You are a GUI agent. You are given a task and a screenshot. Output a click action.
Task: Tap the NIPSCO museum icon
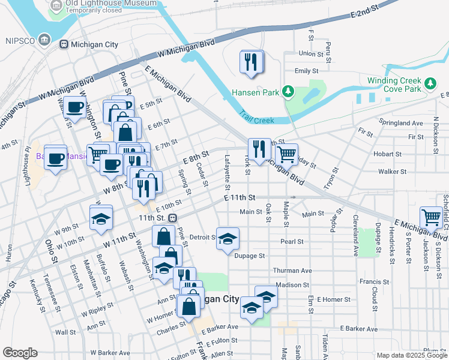coord(44,40)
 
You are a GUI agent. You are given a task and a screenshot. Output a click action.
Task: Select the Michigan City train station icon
coord(63,44)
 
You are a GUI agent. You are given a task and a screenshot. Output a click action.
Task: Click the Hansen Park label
coord(256,92)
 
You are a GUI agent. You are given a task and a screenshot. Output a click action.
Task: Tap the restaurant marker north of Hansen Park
coord(252,62)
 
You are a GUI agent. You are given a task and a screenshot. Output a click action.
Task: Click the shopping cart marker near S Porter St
coord(432,217)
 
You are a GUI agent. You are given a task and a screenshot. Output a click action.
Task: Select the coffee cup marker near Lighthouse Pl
coord(56,158)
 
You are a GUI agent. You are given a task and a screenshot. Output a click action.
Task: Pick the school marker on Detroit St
coord(228,239)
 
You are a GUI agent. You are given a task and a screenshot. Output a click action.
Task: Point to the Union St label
coord(311,53)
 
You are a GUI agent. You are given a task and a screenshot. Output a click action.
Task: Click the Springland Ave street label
coord(402,123)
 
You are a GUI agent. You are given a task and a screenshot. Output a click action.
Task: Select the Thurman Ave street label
coord(292,271)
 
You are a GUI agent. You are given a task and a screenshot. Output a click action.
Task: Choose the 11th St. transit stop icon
coord(173,218)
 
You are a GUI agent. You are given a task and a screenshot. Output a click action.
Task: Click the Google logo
coord(20,353)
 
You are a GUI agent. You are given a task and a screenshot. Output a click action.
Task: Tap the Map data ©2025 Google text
coord(412,355)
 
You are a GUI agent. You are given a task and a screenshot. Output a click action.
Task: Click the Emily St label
coord(306,70)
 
